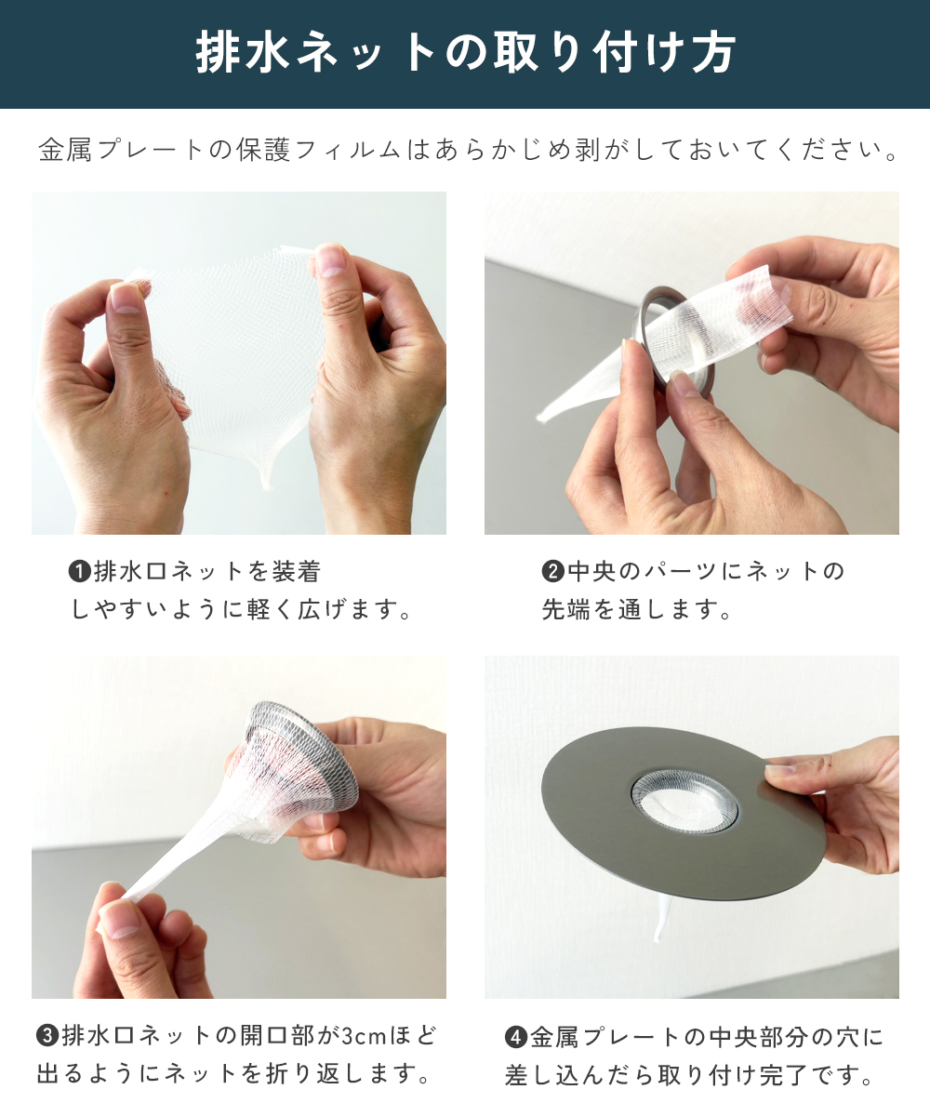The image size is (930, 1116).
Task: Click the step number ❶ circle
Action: (80, 571)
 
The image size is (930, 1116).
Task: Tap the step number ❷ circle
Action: (552, 571)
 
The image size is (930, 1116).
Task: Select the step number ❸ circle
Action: (47, 1036)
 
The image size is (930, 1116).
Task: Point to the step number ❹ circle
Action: (516, 1038)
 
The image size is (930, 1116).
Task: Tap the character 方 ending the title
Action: (712, 52)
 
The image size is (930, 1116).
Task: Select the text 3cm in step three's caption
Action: (364, 1037)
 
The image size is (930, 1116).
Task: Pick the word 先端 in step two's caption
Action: (567, 609)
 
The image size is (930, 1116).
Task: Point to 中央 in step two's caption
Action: (592, 571)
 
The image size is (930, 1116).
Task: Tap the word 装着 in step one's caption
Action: (296, 571)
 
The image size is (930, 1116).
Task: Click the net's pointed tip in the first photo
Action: (266, 484)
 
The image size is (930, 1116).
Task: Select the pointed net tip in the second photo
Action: (541, 417)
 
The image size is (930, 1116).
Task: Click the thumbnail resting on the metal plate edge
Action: (778, 770)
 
